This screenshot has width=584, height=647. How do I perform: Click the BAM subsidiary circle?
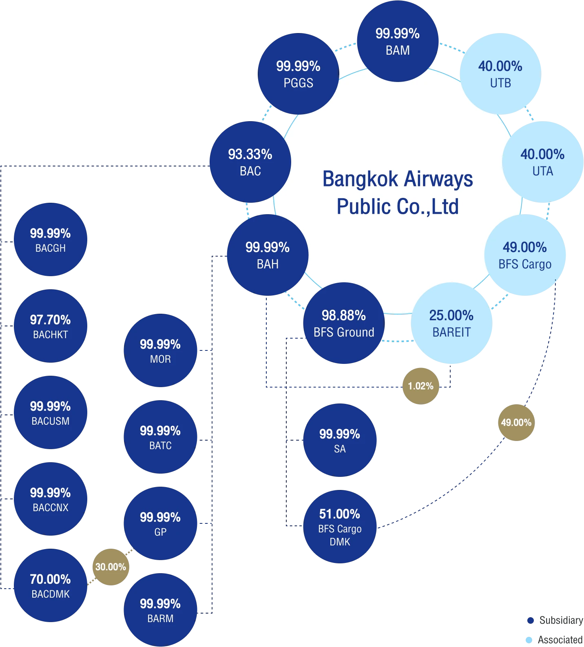[398, 41]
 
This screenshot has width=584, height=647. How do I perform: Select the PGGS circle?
[299, 74]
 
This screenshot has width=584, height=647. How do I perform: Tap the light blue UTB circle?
[500, 74]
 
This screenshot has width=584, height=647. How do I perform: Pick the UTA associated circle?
[542, 162]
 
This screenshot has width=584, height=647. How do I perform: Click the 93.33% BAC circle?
[250, 162]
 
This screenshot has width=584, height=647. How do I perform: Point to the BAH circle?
[268, 255]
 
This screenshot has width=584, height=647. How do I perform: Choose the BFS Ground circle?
[344, 323]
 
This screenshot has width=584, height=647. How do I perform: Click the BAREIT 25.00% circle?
[451, 323]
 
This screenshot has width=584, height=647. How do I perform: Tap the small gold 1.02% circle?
[421, 386]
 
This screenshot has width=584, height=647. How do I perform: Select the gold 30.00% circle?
[111, 567]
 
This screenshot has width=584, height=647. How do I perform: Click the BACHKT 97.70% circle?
[51, 326]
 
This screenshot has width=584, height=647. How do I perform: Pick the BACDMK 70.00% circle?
[51, 585]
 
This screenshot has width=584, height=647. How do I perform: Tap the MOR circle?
[160, 350]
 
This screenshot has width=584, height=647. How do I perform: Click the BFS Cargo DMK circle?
[340, 527]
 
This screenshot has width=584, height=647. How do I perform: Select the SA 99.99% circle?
[340, 440]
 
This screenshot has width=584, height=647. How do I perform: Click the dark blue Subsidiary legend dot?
[531, 620]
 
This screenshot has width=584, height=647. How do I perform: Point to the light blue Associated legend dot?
[529, 640]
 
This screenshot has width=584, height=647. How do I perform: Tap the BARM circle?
[160, 610]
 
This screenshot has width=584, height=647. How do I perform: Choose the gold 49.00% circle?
[516, 423]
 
